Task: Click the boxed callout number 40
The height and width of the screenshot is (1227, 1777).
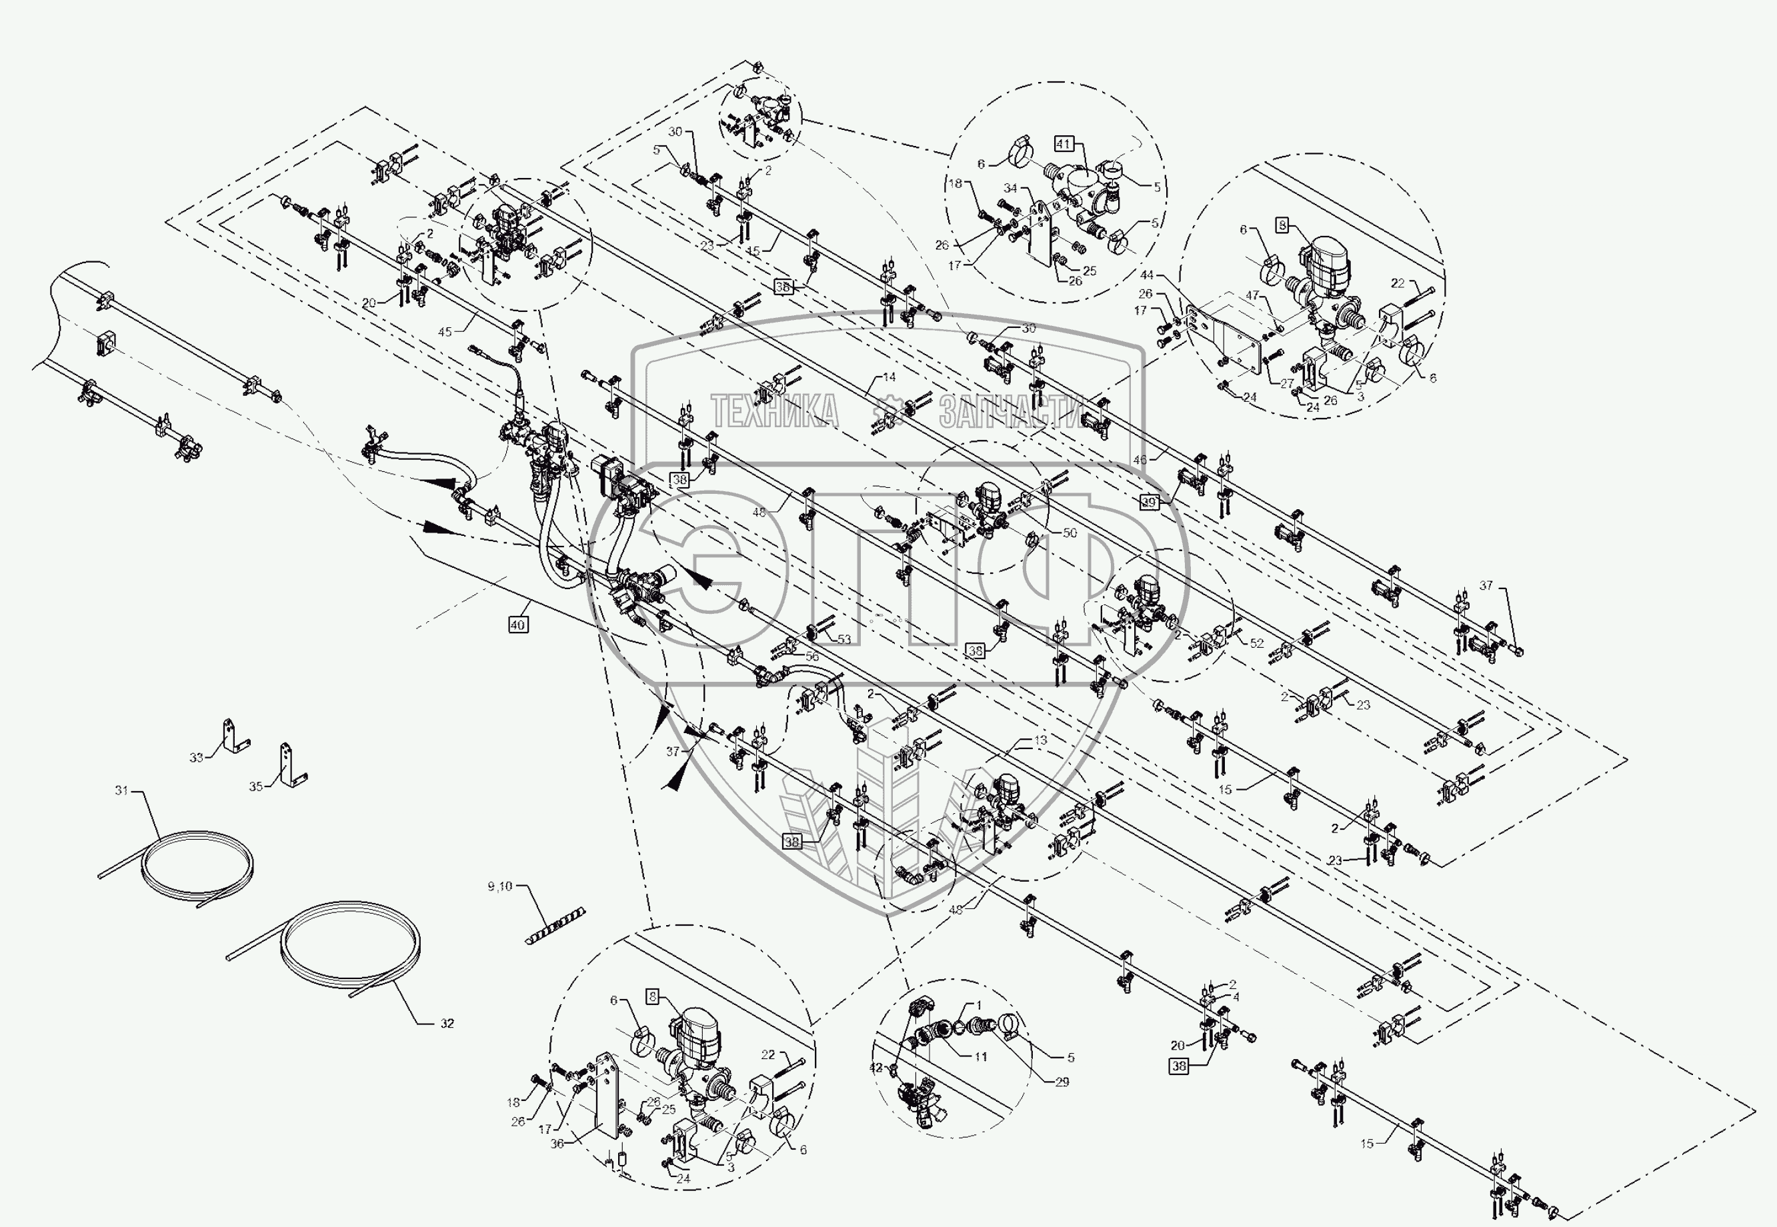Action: tap(517, 625)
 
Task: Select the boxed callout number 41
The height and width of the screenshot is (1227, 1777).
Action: tap(1064, 144)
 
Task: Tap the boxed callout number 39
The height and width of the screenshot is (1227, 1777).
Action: tap(1149, 502)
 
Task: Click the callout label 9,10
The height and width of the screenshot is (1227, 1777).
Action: tap(500, 886)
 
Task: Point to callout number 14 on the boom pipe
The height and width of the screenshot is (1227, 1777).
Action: tap(889, 377)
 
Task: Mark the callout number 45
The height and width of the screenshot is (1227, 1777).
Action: tap(445, 331)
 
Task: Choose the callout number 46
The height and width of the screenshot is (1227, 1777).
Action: tap(1140, 460)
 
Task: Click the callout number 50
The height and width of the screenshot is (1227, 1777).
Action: tap(1070, 533)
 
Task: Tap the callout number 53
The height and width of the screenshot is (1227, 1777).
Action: tap(844, 639)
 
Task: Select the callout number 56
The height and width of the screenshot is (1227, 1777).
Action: tap(811, 656)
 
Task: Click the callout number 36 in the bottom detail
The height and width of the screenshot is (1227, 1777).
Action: tap(557, 1143)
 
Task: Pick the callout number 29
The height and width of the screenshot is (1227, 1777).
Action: tap(1062, 1082)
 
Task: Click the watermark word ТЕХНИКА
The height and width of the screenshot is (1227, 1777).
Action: tap(774, 412)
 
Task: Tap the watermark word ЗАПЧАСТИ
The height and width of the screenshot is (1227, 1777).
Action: tap(1010, 412)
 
